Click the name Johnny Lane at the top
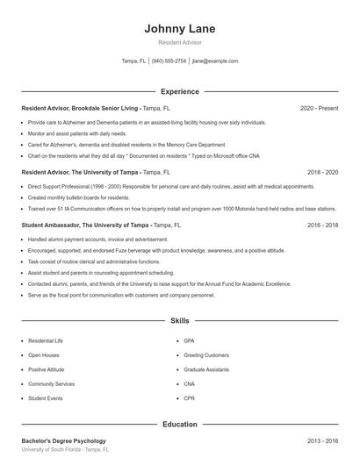click(179, 28)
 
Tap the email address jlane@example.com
click(215, 61)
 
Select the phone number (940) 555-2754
click(169, 61)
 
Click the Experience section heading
click(179, 91)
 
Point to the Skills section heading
click(179, 322)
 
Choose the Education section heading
click(179, 425)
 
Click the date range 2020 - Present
click(319, 108)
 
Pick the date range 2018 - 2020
click(322, 173)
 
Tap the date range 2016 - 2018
click(322, 225)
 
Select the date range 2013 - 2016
click(322, 440)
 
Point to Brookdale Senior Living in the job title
click(106, 108)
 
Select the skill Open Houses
click(43, 354)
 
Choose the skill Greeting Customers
click(206, 354)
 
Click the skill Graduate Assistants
click(206, 369)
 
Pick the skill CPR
click(190, 398)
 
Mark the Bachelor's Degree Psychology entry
click(63, 440)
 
